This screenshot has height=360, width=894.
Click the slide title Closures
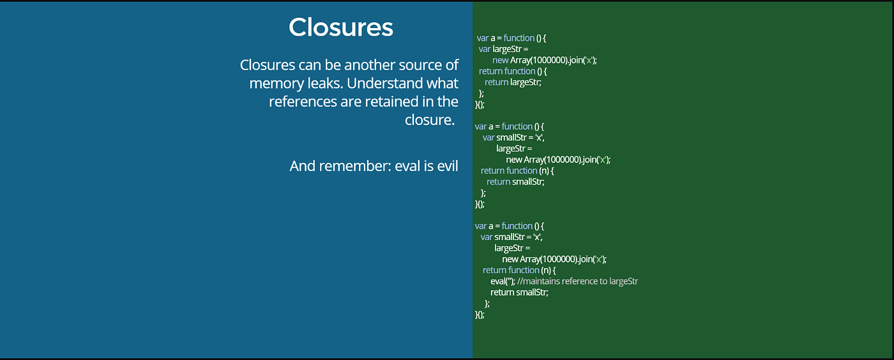[x=340, y=27]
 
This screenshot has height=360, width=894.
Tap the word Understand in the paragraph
[x=385, y=83]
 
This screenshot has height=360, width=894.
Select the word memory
[x=274, y=83]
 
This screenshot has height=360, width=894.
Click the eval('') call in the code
[x=502, y=281]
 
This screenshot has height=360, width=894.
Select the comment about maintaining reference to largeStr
[x=578, y=281]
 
